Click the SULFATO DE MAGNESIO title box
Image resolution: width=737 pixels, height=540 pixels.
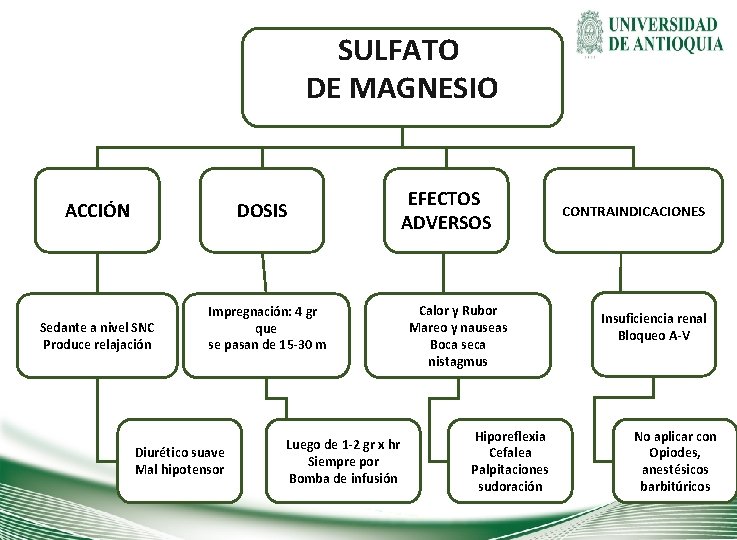402,77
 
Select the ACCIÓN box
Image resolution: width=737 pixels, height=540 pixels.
97,211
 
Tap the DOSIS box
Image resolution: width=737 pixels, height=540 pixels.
262,211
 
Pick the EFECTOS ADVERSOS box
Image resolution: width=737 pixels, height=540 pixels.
446,211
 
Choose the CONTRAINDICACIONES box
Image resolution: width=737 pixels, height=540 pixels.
633,211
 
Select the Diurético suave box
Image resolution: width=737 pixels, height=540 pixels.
180,461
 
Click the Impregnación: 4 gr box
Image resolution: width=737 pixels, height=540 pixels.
267,327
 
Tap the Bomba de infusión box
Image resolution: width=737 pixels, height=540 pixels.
343,461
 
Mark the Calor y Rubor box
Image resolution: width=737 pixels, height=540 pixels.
458,335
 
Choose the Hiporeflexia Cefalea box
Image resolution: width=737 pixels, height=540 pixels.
510,461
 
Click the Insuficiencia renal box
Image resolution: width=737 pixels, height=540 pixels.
653,327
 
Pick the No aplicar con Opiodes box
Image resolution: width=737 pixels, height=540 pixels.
675,461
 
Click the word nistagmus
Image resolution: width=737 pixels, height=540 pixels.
458,362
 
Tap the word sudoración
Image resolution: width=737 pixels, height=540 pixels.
510,487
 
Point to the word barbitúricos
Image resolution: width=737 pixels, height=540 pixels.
675,487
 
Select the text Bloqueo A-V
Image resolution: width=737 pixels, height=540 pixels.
653,336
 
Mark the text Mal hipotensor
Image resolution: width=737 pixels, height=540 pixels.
180,470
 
